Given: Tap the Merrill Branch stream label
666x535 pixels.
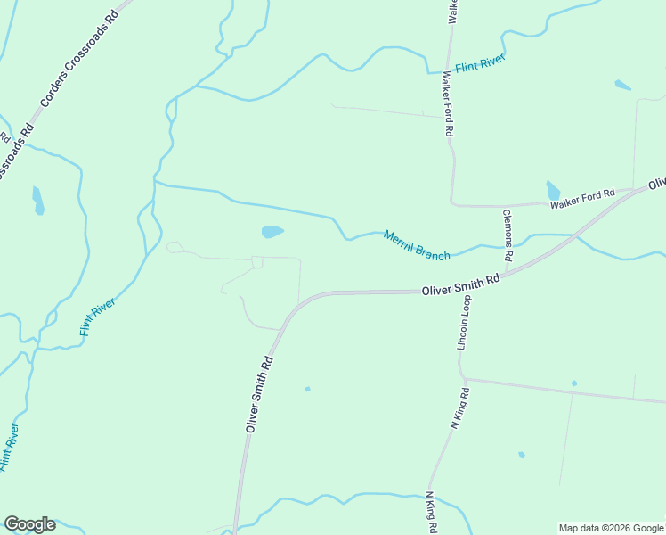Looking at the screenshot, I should pos(417,245).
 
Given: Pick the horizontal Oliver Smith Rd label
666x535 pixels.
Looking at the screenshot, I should pos(460,286).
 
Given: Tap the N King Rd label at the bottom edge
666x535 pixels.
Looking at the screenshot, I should pos(431,513).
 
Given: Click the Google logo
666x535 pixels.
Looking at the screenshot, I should pos(29,524).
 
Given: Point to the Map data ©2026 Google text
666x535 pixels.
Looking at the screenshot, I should pos(612,528).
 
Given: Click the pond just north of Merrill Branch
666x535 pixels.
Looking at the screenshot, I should pos(272,232).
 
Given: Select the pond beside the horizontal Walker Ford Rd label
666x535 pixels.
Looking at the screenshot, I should pos(553,190).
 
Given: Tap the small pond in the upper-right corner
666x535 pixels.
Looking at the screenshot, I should pos(622,86).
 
